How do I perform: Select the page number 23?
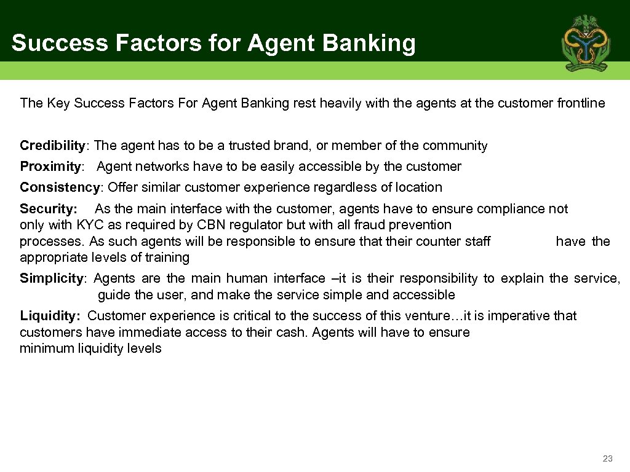tap(608, 458)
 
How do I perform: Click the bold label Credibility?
tap(52, 146)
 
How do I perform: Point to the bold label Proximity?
tap(50, 167)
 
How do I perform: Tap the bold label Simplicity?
tap(51, 278)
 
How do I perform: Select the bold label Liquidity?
tap(49, 316)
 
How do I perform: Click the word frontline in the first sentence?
tap(581, 103)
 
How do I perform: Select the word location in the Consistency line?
tap(419, 187)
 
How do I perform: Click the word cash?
tap(295, 332)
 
